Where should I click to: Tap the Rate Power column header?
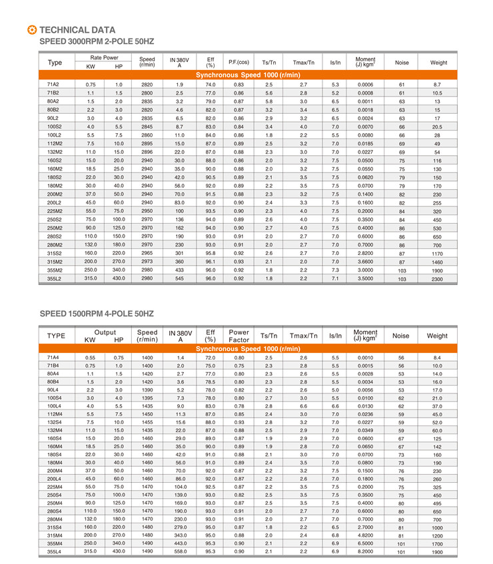click(x=105, y=58)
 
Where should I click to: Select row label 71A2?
click(x=53, y=85)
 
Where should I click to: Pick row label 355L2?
click(x=55, y=278)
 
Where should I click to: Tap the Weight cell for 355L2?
click(x=437, y=279)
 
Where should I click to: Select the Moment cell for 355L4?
click(x=365, y=551)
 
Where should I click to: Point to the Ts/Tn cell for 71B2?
click(x=268, y=93)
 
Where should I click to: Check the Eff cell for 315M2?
click(x=211, y=262)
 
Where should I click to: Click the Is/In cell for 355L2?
click(x=335, y=278)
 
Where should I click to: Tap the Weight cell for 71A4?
click(x=437, y=358)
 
